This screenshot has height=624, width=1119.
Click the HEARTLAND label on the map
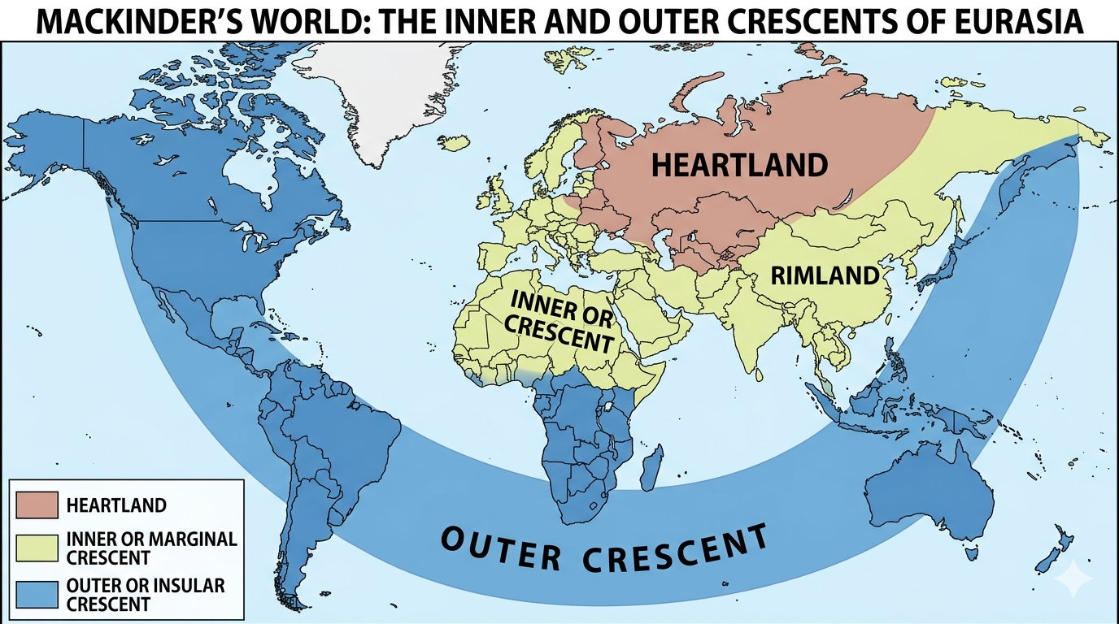[739, 165]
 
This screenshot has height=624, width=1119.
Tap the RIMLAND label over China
[825, 275]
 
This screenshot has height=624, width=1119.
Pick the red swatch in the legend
[37, 505]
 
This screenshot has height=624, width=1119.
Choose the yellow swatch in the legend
[37, 548]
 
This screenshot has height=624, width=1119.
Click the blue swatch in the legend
[37, 594]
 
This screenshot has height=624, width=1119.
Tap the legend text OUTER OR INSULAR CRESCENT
[146, 594]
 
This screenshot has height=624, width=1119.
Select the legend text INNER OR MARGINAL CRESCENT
[151, 548]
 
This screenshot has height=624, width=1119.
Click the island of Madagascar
[651, 472]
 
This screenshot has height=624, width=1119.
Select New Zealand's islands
[1054, 552]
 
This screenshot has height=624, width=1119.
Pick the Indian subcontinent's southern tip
[757, 370]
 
